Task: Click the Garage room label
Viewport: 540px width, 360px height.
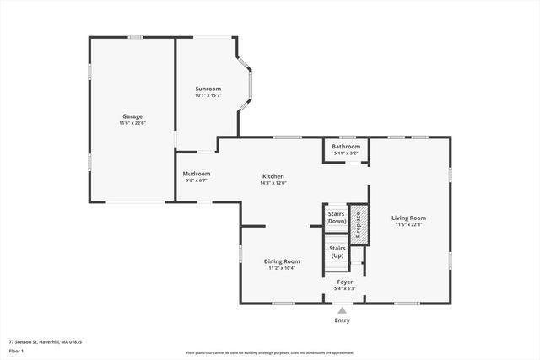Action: click(132, 116)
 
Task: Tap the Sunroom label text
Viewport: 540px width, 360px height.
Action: click(208, 89)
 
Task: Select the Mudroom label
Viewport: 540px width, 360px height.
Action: click(196, 174)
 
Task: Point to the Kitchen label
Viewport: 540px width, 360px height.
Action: click(273, 176)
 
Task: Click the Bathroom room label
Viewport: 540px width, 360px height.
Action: click(345, 147)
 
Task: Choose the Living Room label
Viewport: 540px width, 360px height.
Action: click(408, 218)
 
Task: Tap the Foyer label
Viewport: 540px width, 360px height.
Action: click(345, 282)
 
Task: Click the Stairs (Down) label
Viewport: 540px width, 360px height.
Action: click(336, 217)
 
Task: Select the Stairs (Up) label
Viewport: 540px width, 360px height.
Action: click(337, 251)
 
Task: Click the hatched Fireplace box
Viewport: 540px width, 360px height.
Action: click(358, 225)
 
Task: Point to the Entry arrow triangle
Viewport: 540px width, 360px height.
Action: click(342, 310)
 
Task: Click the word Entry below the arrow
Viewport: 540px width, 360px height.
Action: click(342, 320)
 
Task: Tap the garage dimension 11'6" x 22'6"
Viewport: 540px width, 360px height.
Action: click(132, 123)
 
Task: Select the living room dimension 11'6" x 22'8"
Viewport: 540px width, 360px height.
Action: click(408, 225)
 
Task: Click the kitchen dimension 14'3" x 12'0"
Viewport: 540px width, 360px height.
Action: click(273, 183)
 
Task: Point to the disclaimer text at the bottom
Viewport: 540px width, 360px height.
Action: click(270, 353)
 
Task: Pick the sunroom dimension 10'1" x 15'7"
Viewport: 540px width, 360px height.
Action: click(208, 95)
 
